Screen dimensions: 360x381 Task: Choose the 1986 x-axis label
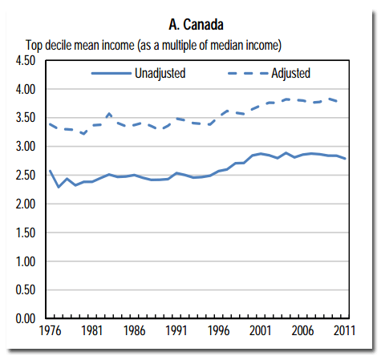click(133, 331)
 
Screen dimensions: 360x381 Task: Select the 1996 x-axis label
click(217, 331)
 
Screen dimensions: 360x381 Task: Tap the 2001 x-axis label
click(259, 331)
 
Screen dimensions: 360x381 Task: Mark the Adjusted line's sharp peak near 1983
click(109, 114)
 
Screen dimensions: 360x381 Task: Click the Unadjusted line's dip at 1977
click(58, 187)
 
